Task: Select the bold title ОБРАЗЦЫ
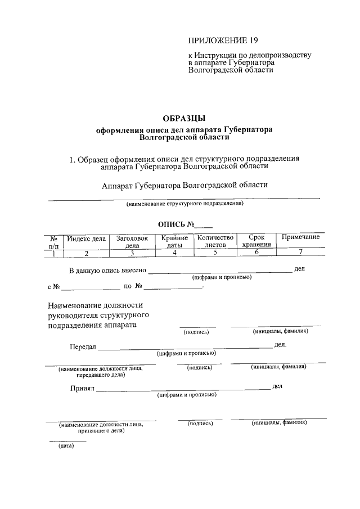click(184, 119)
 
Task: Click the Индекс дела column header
click(86, 238)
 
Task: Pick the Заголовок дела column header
click(132, 242)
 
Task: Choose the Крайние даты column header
click(174, 242)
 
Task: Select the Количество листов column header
click(214, 242)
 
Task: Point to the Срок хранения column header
click(256, 242)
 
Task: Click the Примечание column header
click(301, 237)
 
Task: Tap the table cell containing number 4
click(174, 253)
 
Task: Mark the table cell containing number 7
click(301, 253)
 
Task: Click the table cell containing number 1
click(54, 253)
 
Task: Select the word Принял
click(82, 388)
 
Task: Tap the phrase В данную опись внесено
click(107, 271)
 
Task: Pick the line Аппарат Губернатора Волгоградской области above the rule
click(184, 185)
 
